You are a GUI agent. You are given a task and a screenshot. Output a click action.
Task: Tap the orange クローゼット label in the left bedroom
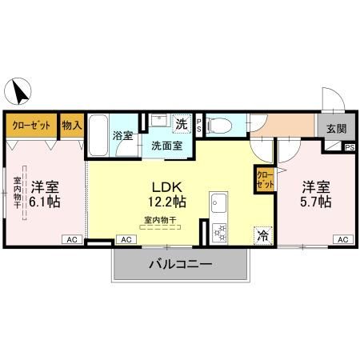click(31, 126)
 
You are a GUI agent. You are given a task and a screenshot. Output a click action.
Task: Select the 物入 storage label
click(71, 126)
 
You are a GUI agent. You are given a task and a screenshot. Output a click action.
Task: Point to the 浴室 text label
click(123, 136)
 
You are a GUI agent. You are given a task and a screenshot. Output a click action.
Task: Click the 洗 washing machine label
click(182, 124)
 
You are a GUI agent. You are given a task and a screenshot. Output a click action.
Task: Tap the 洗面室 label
click(166, 146)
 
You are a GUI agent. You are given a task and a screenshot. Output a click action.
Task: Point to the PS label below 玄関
click(349, 147)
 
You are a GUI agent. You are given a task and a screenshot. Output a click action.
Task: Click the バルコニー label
click(179, 264)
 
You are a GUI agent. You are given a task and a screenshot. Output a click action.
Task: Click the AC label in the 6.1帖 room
click(71, 239)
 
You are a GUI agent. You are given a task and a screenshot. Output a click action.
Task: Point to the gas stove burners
click(218, 231)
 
